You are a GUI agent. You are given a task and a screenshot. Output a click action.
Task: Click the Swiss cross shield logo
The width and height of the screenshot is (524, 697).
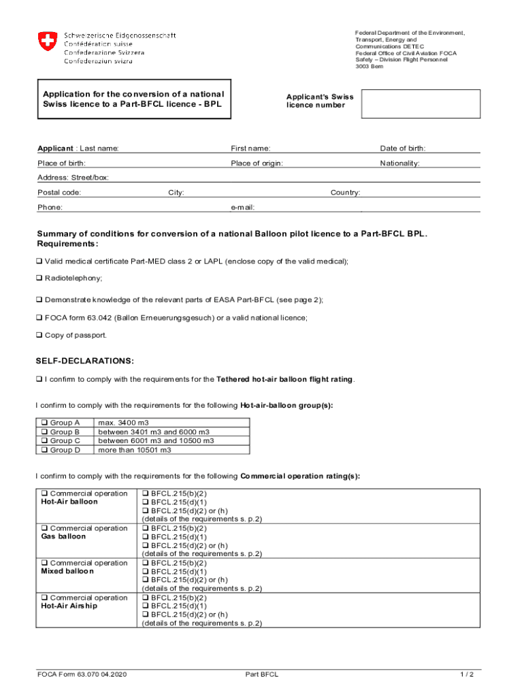point(47,43)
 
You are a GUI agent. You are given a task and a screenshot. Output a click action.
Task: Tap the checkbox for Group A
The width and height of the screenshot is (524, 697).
point(44,423)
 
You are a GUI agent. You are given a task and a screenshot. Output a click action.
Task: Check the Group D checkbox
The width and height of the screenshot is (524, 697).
point(44,450)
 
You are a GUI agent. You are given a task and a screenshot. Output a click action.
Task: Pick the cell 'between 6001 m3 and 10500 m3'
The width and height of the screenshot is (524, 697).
point(156,441)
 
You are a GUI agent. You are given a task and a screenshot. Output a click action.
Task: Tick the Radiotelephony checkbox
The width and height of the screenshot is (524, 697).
point(39,278)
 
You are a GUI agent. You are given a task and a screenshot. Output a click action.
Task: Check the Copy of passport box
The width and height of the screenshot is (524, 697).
point(39,336)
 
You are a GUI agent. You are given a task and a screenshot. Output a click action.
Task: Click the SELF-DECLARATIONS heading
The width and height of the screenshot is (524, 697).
point(85,361)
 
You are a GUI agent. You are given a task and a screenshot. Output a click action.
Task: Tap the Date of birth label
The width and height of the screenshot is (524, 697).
point(402,148)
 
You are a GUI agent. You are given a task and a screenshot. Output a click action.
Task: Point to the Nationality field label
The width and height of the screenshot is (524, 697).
point(399,163)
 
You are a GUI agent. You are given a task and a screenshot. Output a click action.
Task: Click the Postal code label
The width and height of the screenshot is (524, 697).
point(59,193)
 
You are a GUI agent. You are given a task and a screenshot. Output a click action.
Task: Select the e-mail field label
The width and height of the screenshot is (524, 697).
point(243,207)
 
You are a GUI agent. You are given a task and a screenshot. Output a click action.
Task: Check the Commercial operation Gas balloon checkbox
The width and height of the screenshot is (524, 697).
point(44,529)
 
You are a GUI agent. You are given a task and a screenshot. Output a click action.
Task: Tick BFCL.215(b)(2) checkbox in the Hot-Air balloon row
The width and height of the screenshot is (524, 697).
point(146,494)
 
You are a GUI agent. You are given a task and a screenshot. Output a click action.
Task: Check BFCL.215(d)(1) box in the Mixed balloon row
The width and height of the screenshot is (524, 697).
point(146,572)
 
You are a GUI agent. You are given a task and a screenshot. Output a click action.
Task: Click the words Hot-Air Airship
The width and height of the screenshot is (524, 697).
point(69,606)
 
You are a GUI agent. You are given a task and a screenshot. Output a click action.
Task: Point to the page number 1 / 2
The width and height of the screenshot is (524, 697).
point(466,675)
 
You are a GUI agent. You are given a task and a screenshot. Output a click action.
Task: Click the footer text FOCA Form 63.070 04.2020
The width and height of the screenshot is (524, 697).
point(82,675)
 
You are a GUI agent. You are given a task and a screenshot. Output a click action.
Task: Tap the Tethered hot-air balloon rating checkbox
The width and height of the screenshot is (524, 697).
point(39,380)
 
